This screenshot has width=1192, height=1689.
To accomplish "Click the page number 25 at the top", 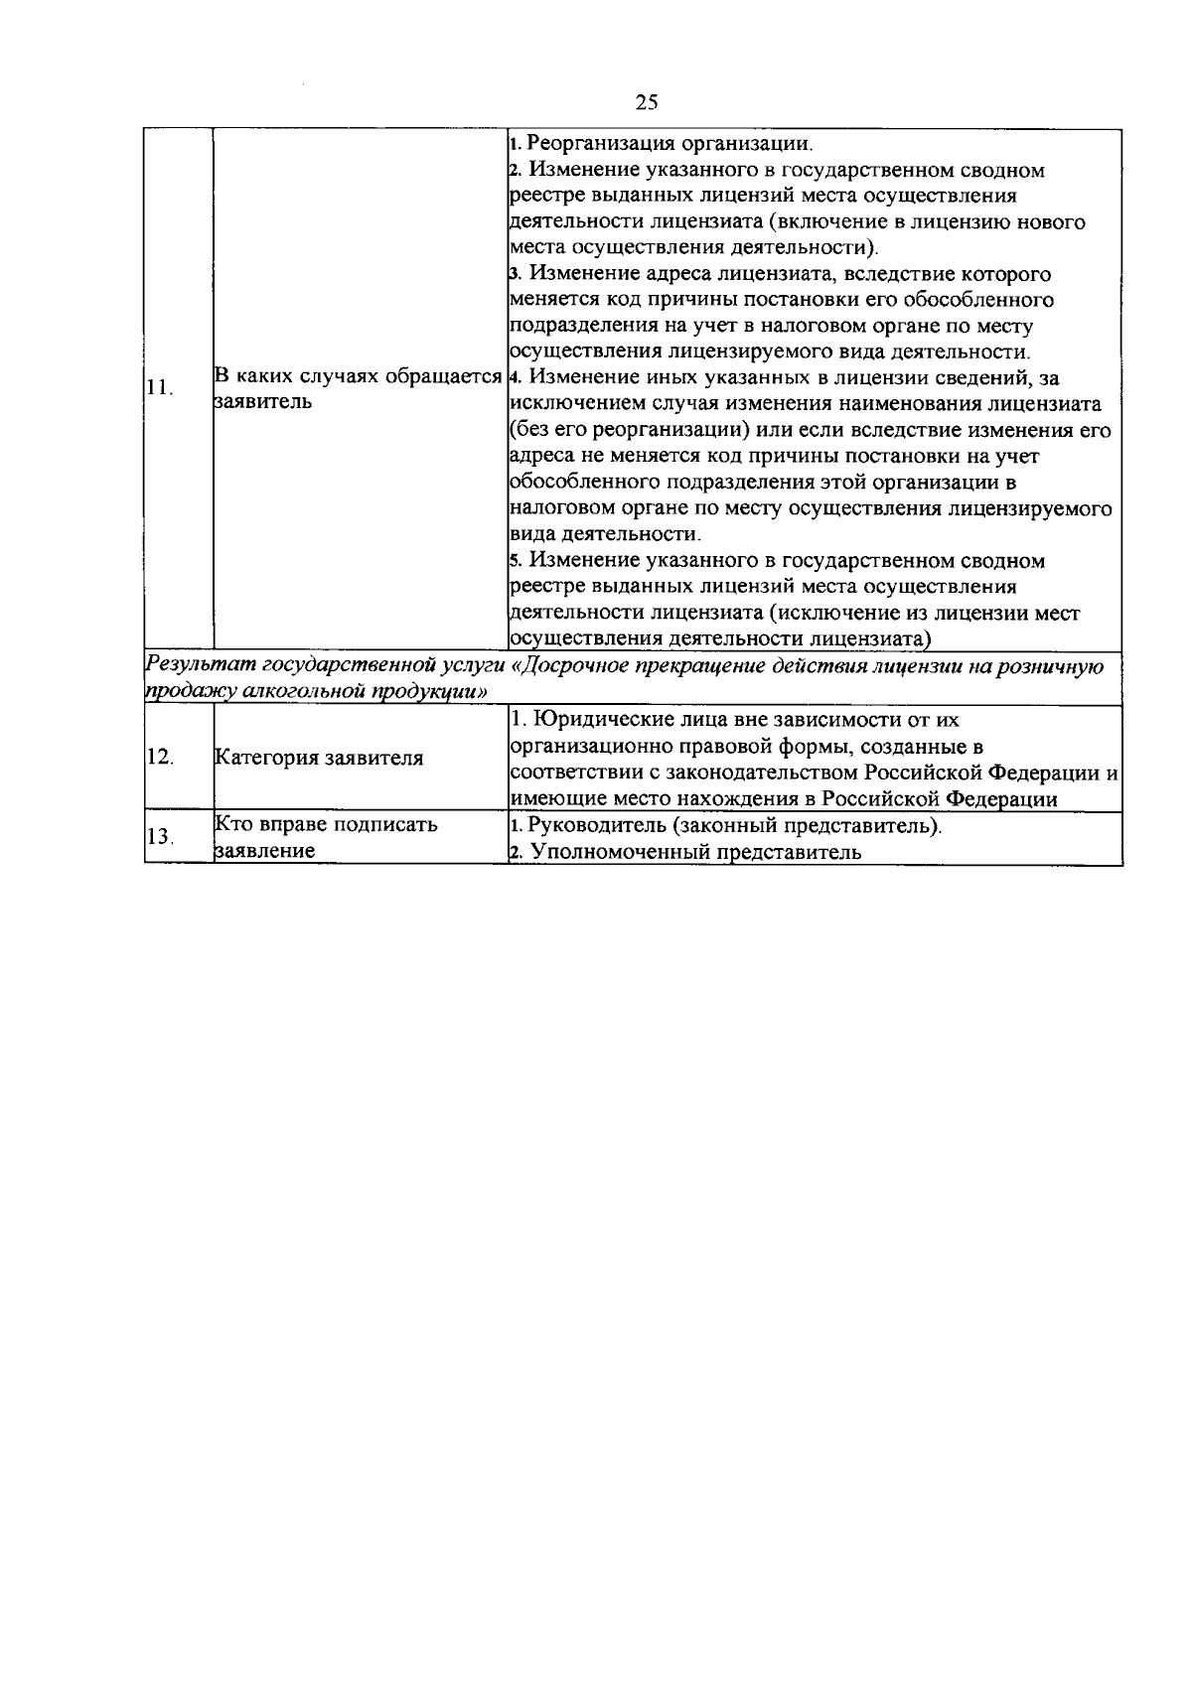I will pyautogui.click(x=646, y=101).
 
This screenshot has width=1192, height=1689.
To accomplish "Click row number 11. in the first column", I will pyautogui.click(x=160, y=388).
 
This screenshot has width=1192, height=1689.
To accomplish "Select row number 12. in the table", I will pyautogui.click(x=160, y=758).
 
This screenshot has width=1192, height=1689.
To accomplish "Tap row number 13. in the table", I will pyautogui.click(x=160, y=838).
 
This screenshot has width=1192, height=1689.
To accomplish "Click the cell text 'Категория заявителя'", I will pyautogui.click(x=319, y=758).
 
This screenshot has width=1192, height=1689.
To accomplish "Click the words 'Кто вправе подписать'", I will pyautogui.click(x=326, y=825).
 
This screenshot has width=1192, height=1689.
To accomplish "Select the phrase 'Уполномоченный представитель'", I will pyautogui.click(x=694, y=852).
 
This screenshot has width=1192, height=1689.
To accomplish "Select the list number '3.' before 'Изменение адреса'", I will pyautogui.click(x=515, y=274).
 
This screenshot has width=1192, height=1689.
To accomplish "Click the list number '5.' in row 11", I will pyautogui.click(x=515, y=561).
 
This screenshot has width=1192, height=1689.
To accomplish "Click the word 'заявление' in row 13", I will pyautogui.click(x=265, y=852).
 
